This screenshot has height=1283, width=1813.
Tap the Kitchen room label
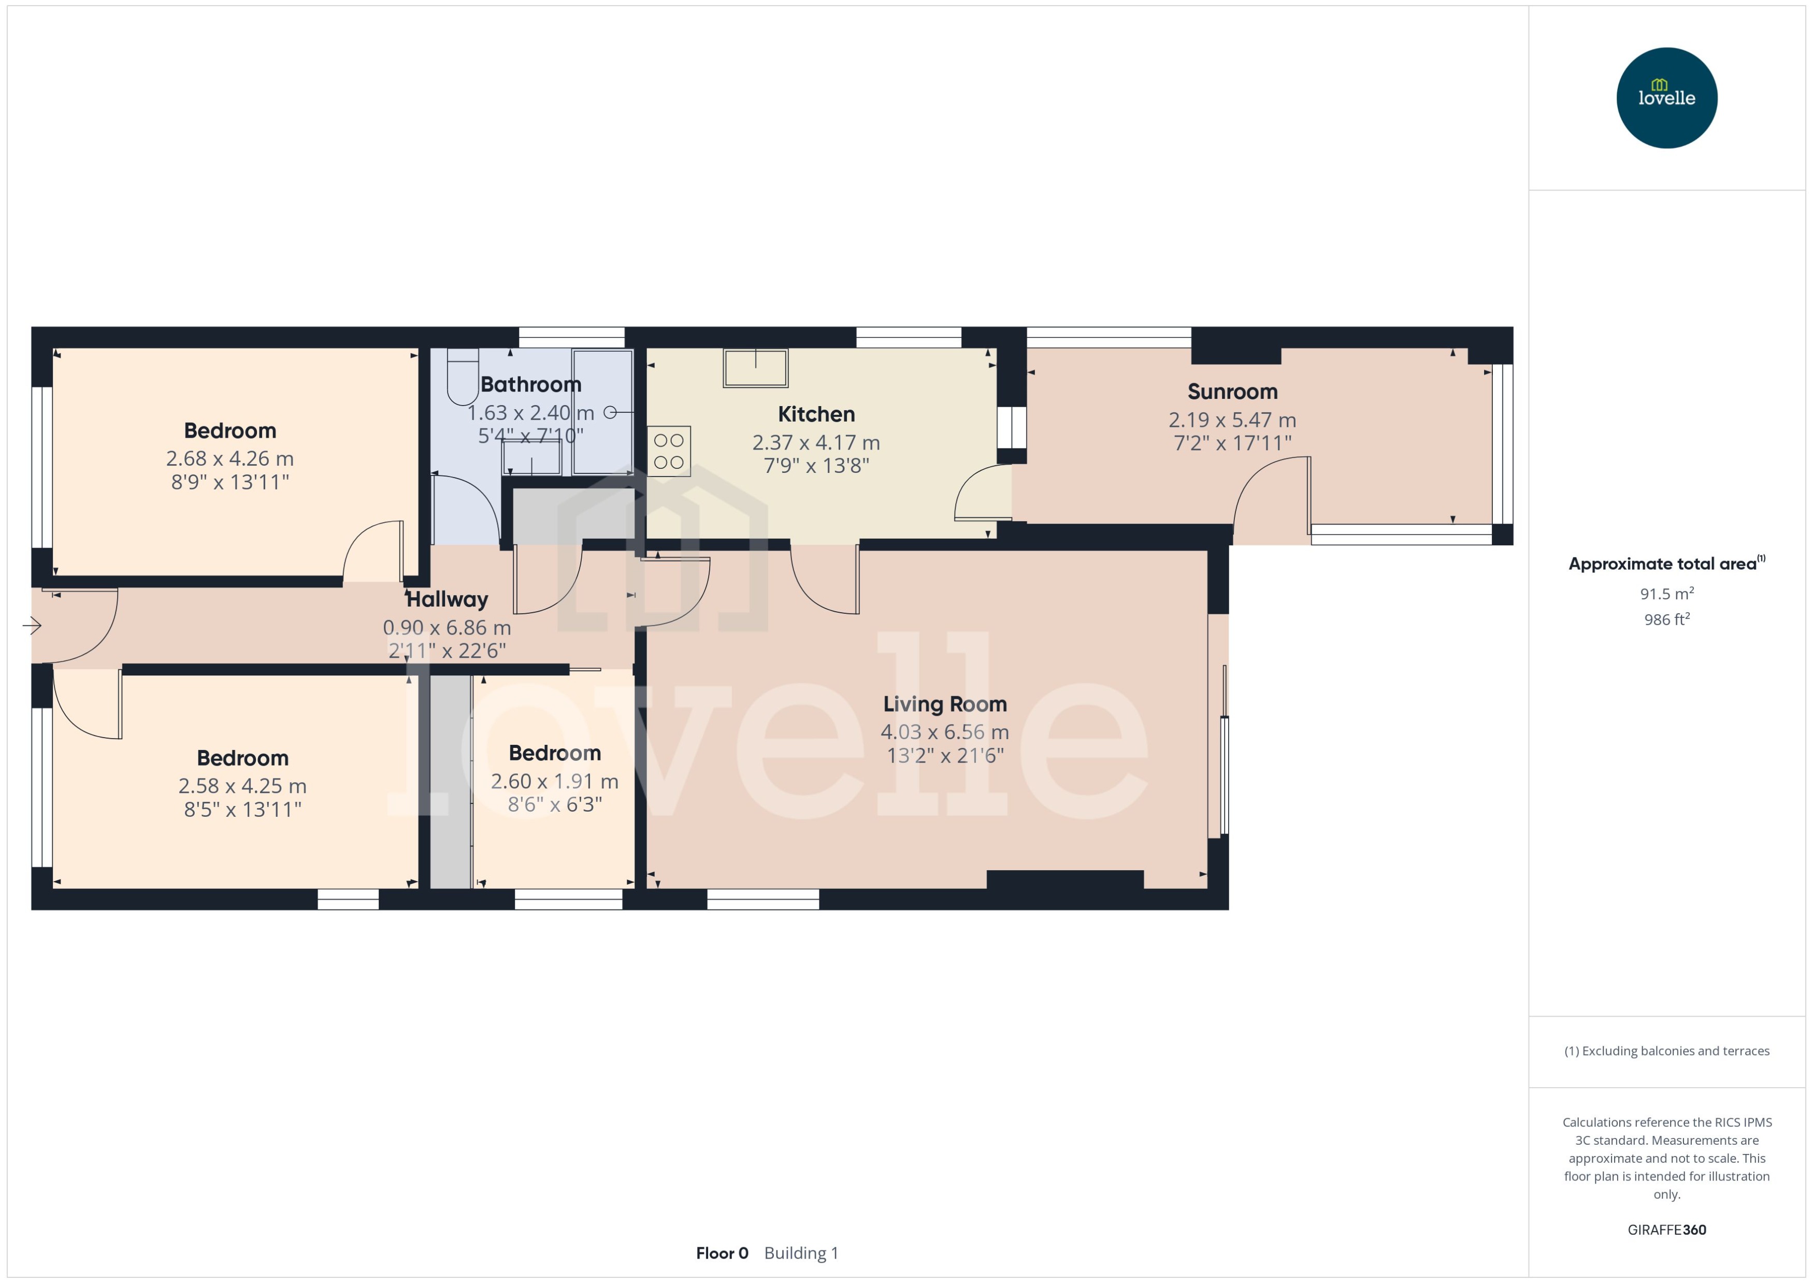tap(815, 414)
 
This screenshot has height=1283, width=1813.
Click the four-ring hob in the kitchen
tap(668, 451)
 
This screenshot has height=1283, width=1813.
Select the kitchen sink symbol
tap(755, 368)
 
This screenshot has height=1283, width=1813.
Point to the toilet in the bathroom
tap(462, 377)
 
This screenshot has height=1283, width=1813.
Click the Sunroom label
tap(1232, 392)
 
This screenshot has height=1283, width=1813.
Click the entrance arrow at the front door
tap(32, 626)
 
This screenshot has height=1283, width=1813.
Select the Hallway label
tap(447, 600)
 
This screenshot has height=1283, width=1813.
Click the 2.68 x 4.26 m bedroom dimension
tap(230, 458)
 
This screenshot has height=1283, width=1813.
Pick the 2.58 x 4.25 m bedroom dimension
tap(242, 786)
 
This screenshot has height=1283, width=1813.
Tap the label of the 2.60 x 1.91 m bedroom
tap(555, 754)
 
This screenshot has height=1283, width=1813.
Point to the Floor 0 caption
tap(721, 1253)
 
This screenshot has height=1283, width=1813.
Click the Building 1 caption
tap(801, 1253)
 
